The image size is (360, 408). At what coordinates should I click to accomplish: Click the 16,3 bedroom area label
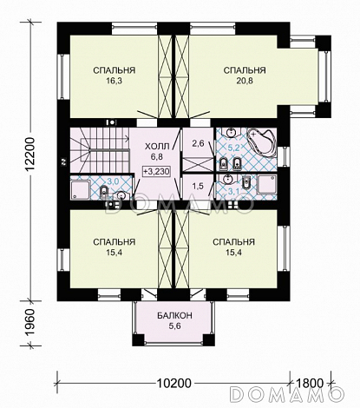115,81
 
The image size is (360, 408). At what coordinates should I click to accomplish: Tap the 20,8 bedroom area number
245,81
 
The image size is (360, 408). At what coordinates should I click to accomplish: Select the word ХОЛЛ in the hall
157,147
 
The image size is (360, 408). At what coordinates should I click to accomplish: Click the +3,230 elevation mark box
156,171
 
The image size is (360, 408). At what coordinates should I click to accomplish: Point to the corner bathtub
260,142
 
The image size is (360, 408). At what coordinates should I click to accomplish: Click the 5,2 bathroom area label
234,148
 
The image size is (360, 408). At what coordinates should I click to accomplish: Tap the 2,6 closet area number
199,143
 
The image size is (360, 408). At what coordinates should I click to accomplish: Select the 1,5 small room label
198,187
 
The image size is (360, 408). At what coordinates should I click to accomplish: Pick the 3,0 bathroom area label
113,181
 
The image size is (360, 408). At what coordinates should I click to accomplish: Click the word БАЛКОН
174,315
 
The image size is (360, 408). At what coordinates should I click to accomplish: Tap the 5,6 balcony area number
174,326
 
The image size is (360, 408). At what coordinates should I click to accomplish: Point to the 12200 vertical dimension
29,155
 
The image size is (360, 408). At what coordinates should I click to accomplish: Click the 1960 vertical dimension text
30,323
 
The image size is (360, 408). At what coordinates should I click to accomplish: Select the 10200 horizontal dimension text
174,383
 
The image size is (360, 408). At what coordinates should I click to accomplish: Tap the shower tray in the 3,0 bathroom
81,190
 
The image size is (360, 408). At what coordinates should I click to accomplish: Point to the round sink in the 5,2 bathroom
232,133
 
